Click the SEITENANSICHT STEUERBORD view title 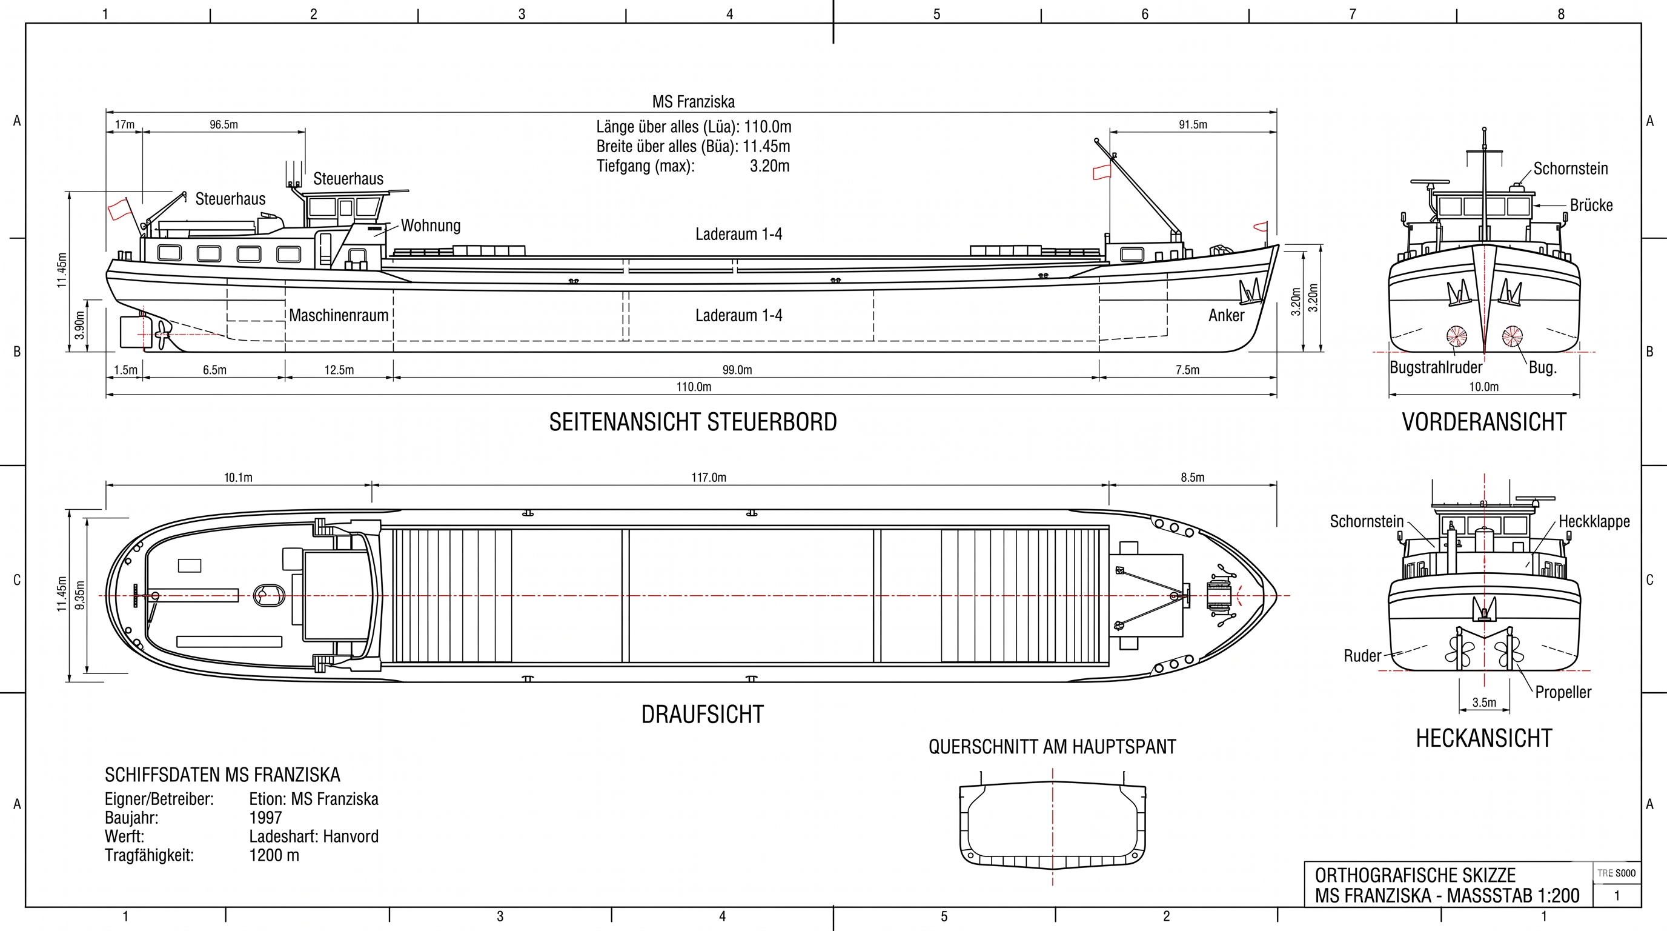pos(693,422)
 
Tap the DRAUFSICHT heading pos(702,715)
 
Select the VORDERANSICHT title pos(1484,422)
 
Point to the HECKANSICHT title pos(1484,738)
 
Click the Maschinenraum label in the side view pos(339,315)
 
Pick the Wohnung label pos(430,225)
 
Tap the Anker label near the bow pos(1226,315)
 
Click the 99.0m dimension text pos(737,370)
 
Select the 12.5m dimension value pos(339,370)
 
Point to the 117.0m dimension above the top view pos(709,477)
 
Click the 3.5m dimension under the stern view pos(1484,702)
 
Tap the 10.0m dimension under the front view pos(1483,387)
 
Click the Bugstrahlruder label pos(1436,368)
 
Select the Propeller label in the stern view pos(1563,692)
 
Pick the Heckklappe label pos(1594,521)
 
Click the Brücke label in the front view pos(1591,205)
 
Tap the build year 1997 pos(265,818)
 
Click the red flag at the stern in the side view pos(119,209)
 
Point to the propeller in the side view pos(161,335)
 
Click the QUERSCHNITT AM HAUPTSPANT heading pos(1052,747)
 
